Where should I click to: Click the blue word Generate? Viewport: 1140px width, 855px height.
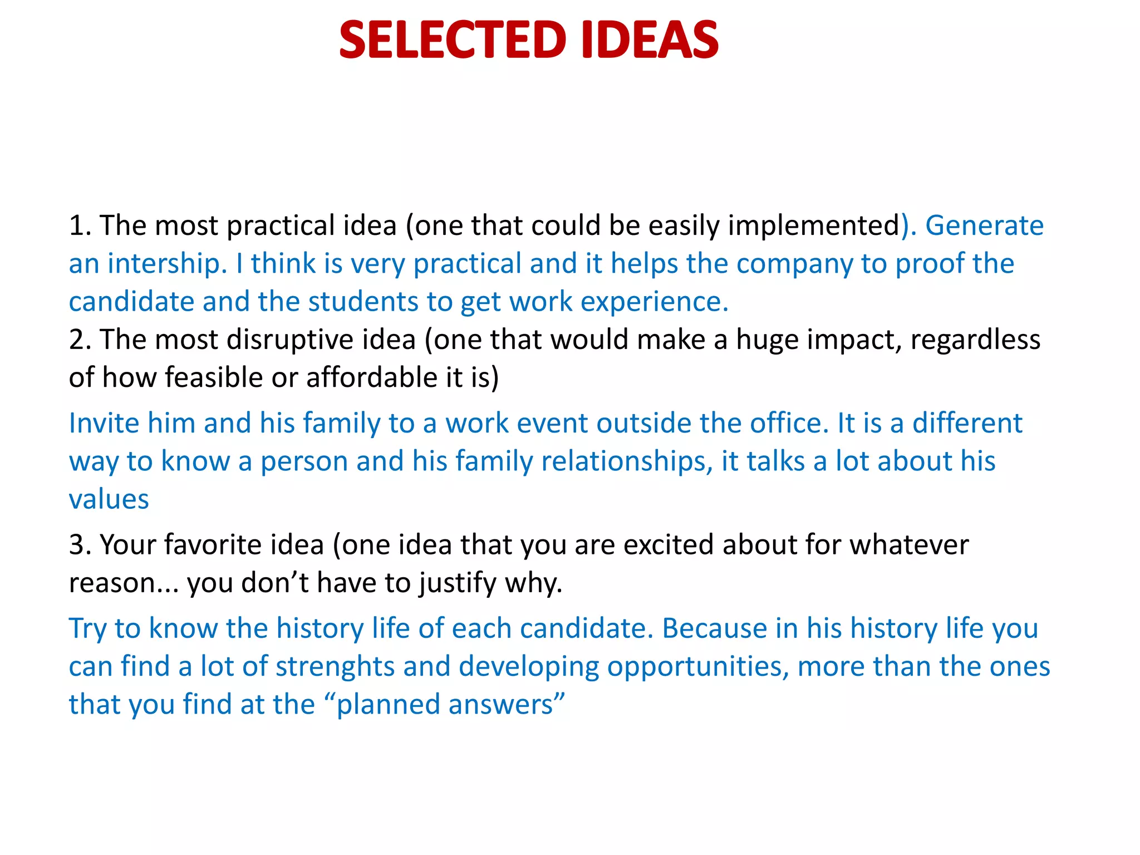[x=984, y=226]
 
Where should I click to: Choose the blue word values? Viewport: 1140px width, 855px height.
[x=109, y=499]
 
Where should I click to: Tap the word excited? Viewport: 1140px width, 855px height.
[x=668, y=545]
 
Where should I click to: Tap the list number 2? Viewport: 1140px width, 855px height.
[x=77, y=340]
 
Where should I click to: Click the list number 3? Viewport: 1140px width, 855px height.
[x=77, y=545]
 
